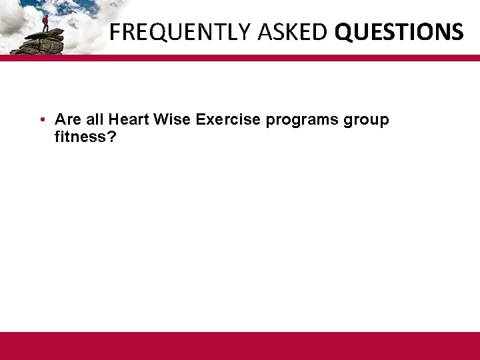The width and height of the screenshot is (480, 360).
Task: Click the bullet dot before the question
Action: [41, 120]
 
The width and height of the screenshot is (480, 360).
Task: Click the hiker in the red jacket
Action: [45, 23]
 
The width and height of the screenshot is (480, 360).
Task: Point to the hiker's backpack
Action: [43, 20]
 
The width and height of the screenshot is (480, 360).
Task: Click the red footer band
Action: [240, 345]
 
